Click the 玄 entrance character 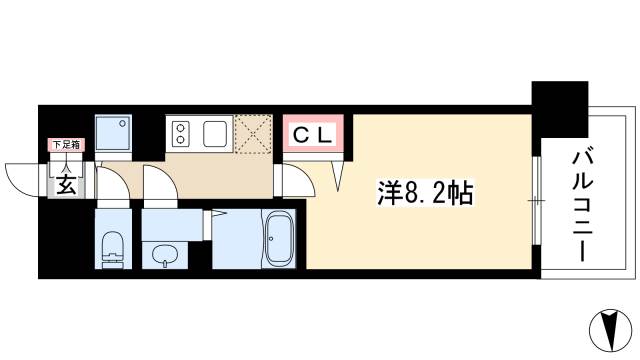tap(64, 185)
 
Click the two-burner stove tap(182, 133)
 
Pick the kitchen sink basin tap(215, 133)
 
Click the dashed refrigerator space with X tap(253, 135)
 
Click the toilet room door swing tap(116, 190)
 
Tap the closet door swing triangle tap(337, 172)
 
